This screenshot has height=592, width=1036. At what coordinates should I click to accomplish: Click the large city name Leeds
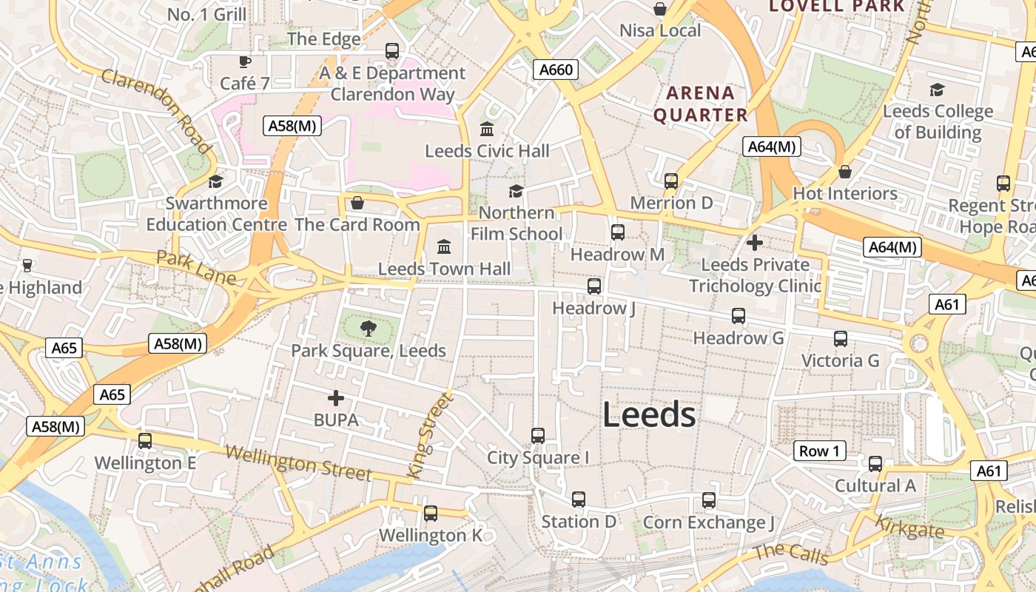tap(649, 415)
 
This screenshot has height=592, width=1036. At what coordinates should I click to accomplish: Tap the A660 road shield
tap(556, 70)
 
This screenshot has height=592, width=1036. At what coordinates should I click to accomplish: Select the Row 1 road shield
tap(820, 451)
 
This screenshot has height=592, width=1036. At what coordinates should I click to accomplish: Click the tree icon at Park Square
tap(368, 329)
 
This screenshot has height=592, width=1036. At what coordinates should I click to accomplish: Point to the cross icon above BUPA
tap(336, 398)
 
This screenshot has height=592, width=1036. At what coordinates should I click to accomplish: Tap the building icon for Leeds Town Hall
tap(444, 246)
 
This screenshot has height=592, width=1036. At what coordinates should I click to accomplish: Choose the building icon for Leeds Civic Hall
tap(487, 129)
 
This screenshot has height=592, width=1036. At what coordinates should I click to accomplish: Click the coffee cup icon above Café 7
tap(245, 61)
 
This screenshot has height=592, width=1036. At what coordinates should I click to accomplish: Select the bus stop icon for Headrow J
tap(593, 286)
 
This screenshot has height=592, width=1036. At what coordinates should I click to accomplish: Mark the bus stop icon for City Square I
tap(538, 435)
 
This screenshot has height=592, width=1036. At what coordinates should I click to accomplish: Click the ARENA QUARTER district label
tap(700, 104)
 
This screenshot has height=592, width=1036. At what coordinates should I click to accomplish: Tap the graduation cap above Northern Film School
tap(516, 191)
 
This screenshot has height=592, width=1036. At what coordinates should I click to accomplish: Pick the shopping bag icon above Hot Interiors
tap(845, 172)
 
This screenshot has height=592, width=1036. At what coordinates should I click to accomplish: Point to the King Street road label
tap(429, 435)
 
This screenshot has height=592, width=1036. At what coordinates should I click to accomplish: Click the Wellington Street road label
tap(297, 462)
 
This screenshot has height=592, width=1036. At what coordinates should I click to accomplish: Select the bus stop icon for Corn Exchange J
tap(709, 500)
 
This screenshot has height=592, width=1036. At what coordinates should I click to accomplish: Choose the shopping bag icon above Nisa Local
tap(659, 9)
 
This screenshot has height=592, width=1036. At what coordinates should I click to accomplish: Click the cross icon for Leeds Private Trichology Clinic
tap(755, 242)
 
